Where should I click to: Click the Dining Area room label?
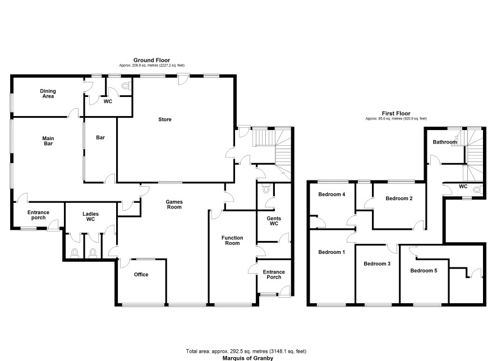coord(48,94)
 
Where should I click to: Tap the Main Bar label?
coord(48,141)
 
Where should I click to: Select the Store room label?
coord(165,119)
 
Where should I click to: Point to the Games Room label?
coord(174,204)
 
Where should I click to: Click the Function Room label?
coord(232,240)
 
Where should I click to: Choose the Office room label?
coord(141,275)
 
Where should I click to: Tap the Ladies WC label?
coord(91,216)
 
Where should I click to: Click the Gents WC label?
coord(274,221)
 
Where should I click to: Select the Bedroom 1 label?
coord(332,252)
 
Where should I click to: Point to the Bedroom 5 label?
coord(424,270)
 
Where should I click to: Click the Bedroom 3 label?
coord(377,263)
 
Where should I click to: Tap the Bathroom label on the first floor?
coord(445,142)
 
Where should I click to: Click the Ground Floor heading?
coord(151,60)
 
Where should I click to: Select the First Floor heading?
coord(396,113)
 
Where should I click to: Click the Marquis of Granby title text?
coord(248,358)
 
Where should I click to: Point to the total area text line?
coord(246,351)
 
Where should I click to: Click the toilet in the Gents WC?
coord(266,189)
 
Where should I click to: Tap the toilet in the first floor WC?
coord(477,189)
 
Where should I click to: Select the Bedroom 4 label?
coord(332,195)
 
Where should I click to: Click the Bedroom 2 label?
coord(399,198)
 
